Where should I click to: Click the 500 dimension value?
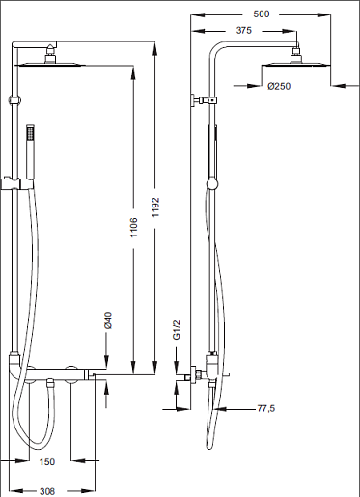tap(262, 14)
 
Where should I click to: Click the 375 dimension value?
tap(244, 31)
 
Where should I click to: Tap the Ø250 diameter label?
tap(279, 86)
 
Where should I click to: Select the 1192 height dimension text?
tap(155, 207)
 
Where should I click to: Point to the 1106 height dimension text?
tap(133, 228)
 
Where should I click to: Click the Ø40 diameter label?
tap(108, 320)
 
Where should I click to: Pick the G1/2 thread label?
tap(177, 330)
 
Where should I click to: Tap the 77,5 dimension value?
tap(266, 408)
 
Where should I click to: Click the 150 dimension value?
tap(47, 462)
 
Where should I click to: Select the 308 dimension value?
tap(47, 491)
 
